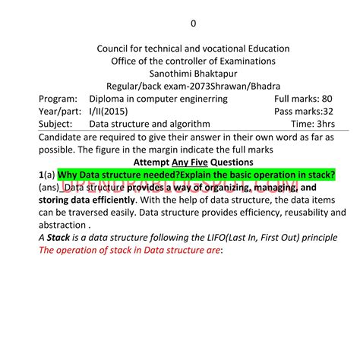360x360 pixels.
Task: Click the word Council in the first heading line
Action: point(115,49)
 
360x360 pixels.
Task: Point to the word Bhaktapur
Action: point(218,74)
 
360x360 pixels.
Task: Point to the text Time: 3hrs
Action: point(313,123)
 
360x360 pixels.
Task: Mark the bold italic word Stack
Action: point(58,237)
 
